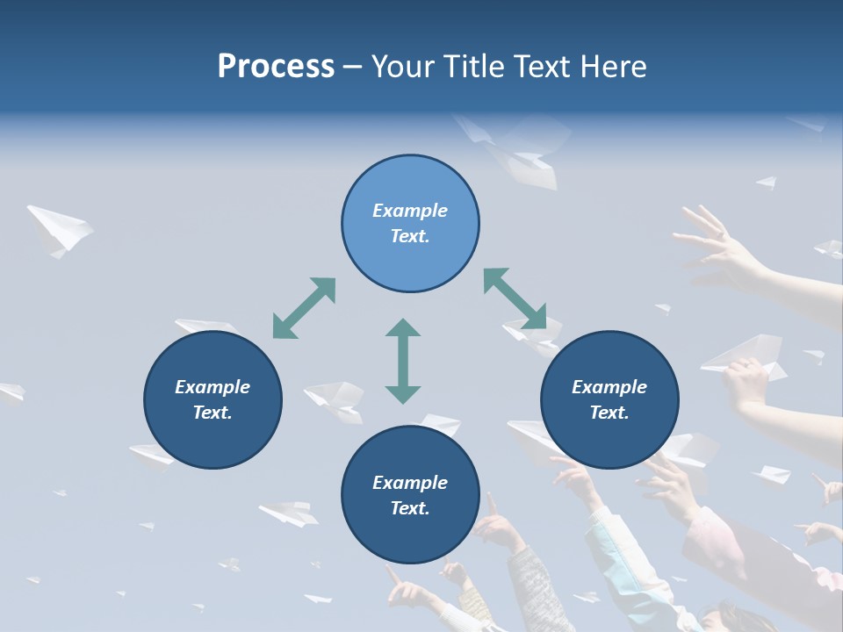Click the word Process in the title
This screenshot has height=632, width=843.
(x=276, y=67)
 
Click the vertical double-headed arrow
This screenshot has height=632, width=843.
(x=403, y=361)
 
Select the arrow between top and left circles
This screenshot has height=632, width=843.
(x=304, y=308)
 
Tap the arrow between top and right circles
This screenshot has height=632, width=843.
(x=515, y=299)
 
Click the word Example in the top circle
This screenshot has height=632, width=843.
(x=410, y=211)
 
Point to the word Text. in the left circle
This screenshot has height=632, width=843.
(x=213, y=413)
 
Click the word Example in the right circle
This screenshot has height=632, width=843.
(x=609, y=387)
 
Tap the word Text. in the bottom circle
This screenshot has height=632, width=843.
(x=410, y=508)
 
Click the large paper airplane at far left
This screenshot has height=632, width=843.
(x=59, y=229)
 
